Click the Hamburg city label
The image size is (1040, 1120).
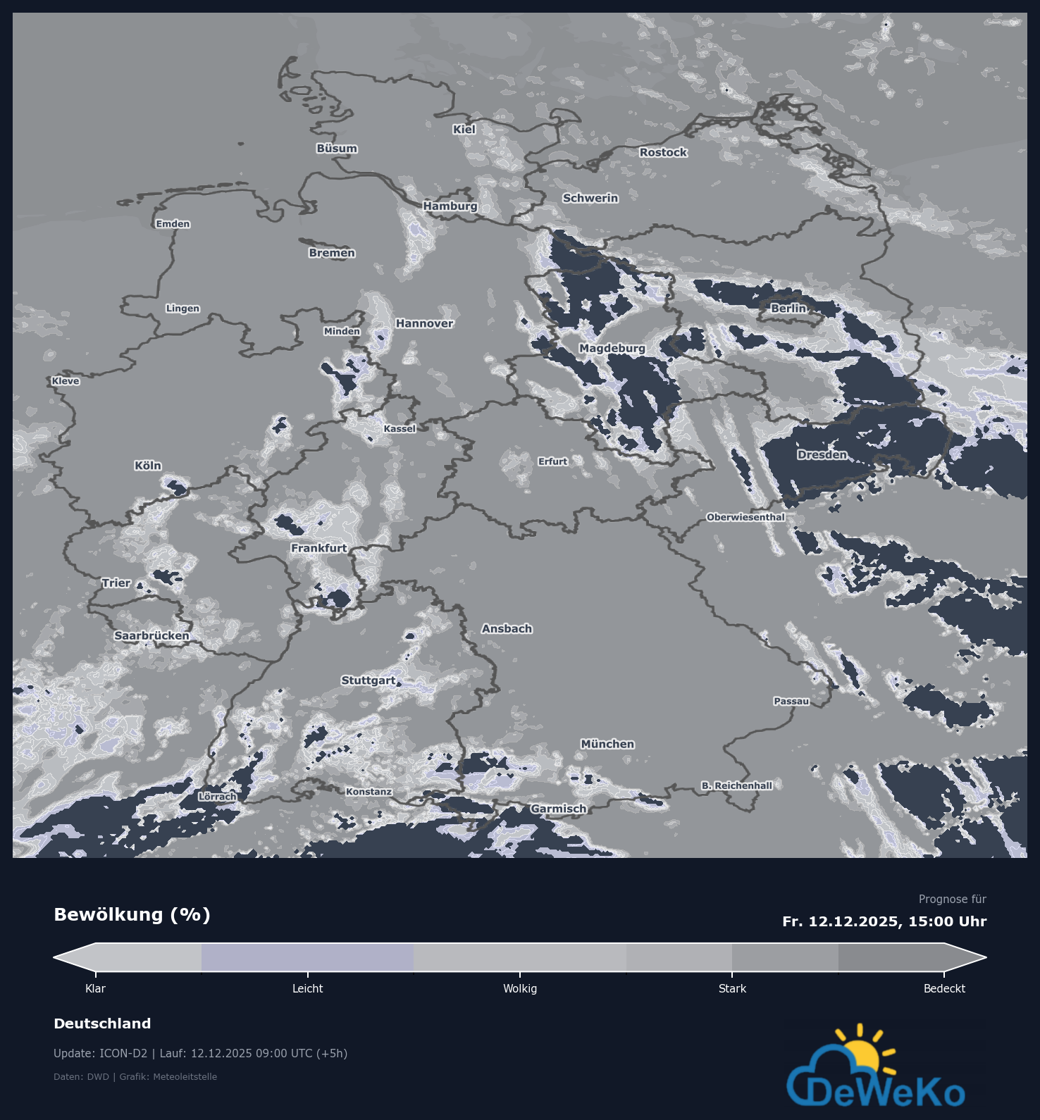pyautogui.click(x=450, y=206)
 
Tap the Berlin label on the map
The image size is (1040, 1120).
pyautogui.click(x=788, y=309)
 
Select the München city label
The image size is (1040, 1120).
pyautogui.click(x=607, y=744)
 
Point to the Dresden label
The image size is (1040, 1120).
pyautogui.click(x=822, y=455)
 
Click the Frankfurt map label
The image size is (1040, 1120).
pyautogui.click(x=319, y=548)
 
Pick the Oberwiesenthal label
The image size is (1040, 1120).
pyautogui.click(x=745, y=517)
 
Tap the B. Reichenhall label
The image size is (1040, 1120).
pyautogui.click(x=736, y=785)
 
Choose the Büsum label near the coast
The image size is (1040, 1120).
pyautogui.click(x=337, y=149)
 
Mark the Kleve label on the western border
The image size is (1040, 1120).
pyautogui.click(x=66, y=381)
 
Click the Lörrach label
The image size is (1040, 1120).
pyautogui.click(x=217, y=797)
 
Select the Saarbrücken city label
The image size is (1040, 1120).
pyautogui.click(x=151, y=635)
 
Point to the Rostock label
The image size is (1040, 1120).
pyautogui.click(x=663, y=152)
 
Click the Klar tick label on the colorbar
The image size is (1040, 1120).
pyautogui.click(x=95, y=989)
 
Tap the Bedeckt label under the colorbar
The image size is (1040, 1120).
pyautogui.click(x=944, y=989)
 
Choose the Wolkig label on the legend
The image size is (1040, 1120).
pyautogui.click(x=520, y=989)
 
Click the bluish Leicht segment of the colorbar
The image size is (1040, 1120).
pyautogui.click(x=307, y=957)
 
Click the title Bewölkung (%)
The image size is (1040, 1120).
pyautogui.click(x=132, y=915)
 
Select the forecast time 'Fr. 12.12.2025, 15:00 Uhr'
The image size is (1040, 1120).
pyautogui.click(x=884, y=921)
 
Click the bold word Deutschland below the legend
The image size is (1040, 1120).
pyautogui.click(x=102, y=1023)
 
